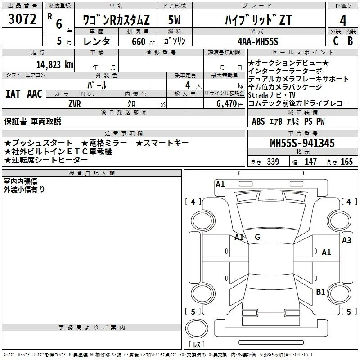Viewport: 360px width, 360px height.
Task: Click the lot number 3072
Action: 22,18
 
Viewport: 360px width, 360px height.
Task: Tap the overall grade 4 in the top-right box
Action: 343,20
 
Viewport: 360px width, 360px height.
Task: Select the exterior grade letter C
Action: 336,41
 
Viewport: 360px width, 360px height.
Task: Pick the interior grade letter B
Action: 350,41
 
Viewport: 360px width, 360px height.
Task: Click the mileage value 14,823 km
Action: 55,65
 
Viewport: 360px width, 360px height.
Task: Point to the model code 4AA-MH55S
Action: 258,41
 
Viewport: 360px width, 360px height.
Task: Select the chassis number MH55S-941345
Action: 302,143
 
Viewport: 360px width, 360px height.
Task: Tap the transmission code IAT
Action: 13,94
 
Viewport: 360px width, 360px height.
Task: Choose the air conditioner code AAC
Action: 35,94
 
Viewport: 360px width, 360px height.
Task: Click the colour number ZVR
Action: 75,104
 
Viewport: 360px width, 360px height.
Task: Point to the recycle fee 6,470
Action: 227,104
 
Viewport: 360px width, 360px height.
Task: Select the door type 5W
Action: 174,20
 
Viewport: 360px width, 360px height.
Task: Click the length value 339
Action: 273,162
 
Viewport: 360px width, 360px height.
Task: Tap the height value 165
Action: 346,162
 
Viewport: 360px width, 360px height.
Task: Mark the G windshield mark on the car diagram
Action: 257,237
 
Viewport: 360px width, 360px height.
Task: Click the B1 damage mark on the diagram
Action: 320,292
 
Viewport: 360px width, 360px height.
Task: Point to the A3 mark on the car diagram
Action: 346,240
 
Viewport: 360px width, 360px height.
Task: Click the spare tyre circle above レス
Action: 197,328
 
